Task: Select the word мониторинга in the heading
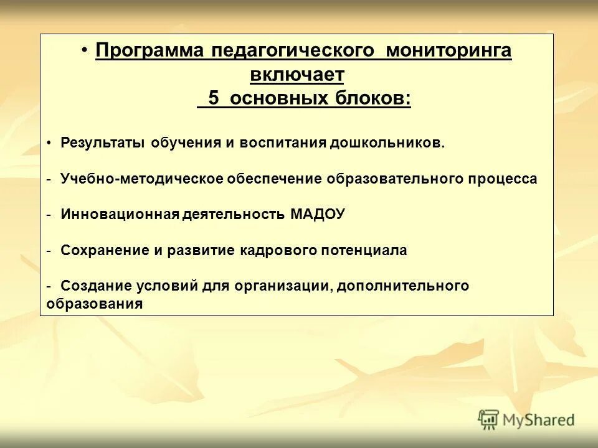448,51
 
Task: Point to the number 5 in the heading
214,99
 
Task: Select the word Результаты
103,143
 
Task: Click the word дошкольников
387,143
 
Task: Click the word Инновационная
120,215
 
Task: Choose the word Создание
97,286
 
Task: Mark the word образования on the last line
94,305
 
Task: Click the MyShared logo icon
489,419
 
